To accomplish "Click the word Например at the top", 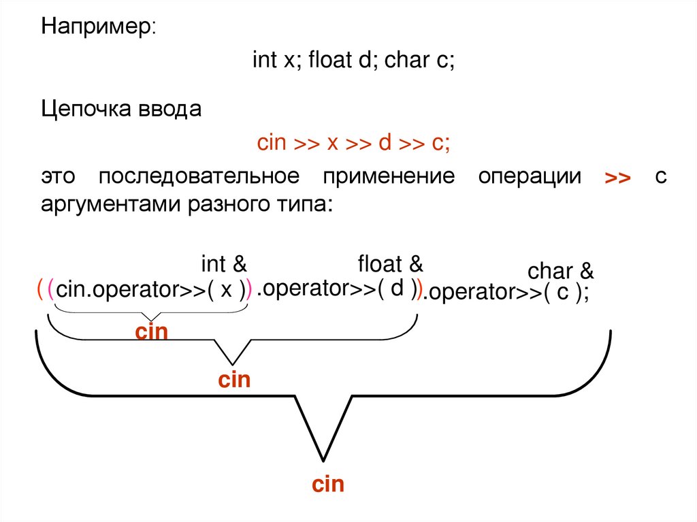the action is tap(98, 28).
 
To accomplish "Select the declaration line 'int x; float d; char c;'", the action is tap(353, 61).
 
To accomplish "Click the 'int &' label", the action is tap(223, 263).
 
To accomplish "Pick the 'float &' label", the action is tap(391, 263).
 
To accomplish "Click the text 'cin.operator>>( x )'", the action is tap(151, 290).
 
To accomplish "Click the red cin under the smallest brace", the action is tap(151, 332).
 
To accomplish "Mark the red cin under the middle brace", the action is tap(234, 379).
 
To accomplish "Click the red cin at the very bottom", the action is tap(328, 485).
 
